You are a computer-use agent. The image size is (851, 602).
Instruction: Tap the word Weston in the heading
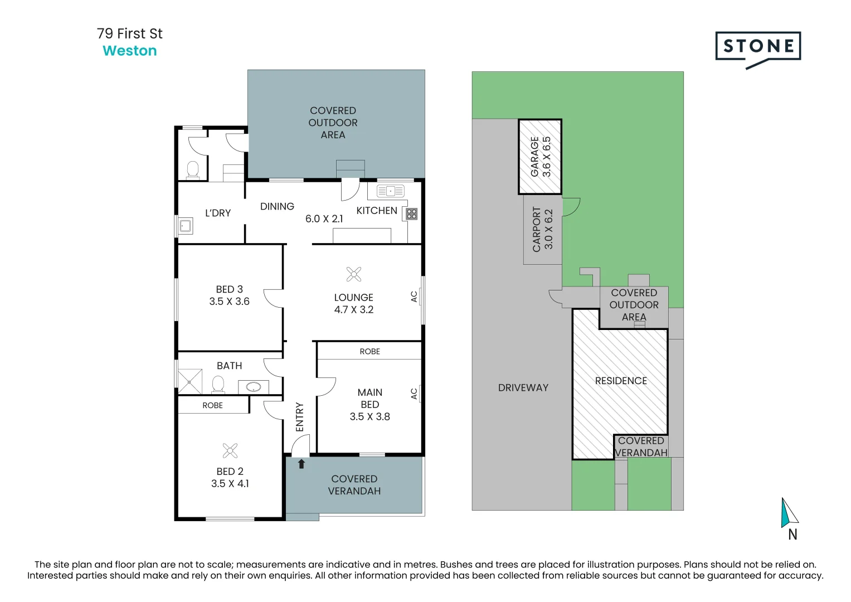pyautogui.click(x=129, y=51)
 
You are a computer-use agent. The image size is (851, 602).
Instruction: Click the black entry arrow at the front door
pyautogui.click(x=302, y=464)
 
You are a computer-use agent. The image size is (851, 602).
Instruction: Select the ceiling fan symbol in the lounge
pyautogui.click(x=354, y=274)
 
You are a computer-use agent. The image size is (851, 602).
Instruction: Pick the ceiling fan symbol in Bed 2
pyautogui.click(x=230, y=451)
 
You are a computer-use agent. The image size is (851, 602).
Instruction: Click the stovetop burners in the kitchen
pyautogui.click(x=411, y=214)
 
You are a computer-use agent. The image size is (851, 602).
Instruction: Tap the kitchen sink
pyautogui.click(x=391, y=191)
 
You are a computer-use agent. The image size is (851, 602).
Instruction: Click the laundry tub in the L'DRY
pyautogui.click(x=186, y=226)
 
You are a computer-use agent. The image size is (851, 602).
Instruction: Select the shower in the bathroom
pyautogui.click(x=189, y=382)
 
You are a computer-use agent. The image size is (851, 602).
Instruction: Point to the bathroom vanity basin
pyautogui.click(x=254, y=387)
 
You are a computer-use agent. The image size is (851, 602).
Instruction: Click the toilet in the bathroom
pyautogui.click(x=218, y=384)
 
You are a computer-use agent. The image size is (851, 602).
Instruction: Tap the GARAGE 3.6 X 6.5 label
pyautogui.click(x=541, y=157)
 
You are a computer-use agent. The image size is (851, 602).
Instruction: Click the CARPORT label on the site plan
pyautogui.click(x=536, y=229)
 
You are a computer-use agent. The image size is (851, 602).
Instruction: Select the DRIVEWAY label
pyautogui.click(x=523, y=387)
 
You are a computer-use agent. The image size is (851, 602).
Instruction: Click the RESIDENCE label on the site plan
pyautogui.click(x=621, y=381)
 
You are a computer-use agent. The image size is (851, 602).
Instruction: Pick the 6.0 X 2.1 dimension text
pyautogui.click(x=324, y=219)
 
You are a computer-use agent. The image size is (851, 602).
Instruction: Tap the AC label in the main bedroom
pyautogui.click(x=414, y=394)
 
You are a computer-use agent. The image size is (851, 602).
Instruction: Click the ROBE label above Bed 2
pyautogui.click(x=212, y=406)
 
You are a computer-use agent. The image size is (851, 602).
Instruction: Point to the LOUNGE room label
pyautogui.click(x=354, y=298)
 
